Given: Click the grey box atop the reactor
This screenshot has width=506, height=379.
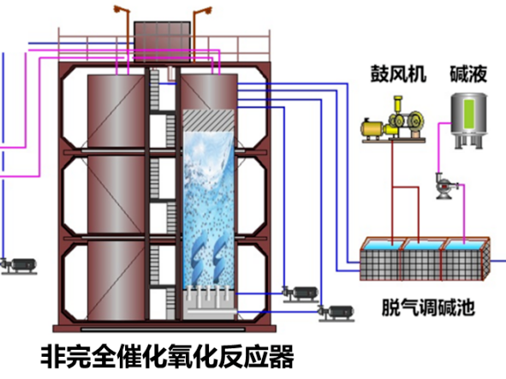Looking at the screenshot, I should coord(160,38).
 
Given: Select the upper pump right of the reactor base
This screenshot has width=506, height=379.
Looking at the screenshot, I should coord(300,293).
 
